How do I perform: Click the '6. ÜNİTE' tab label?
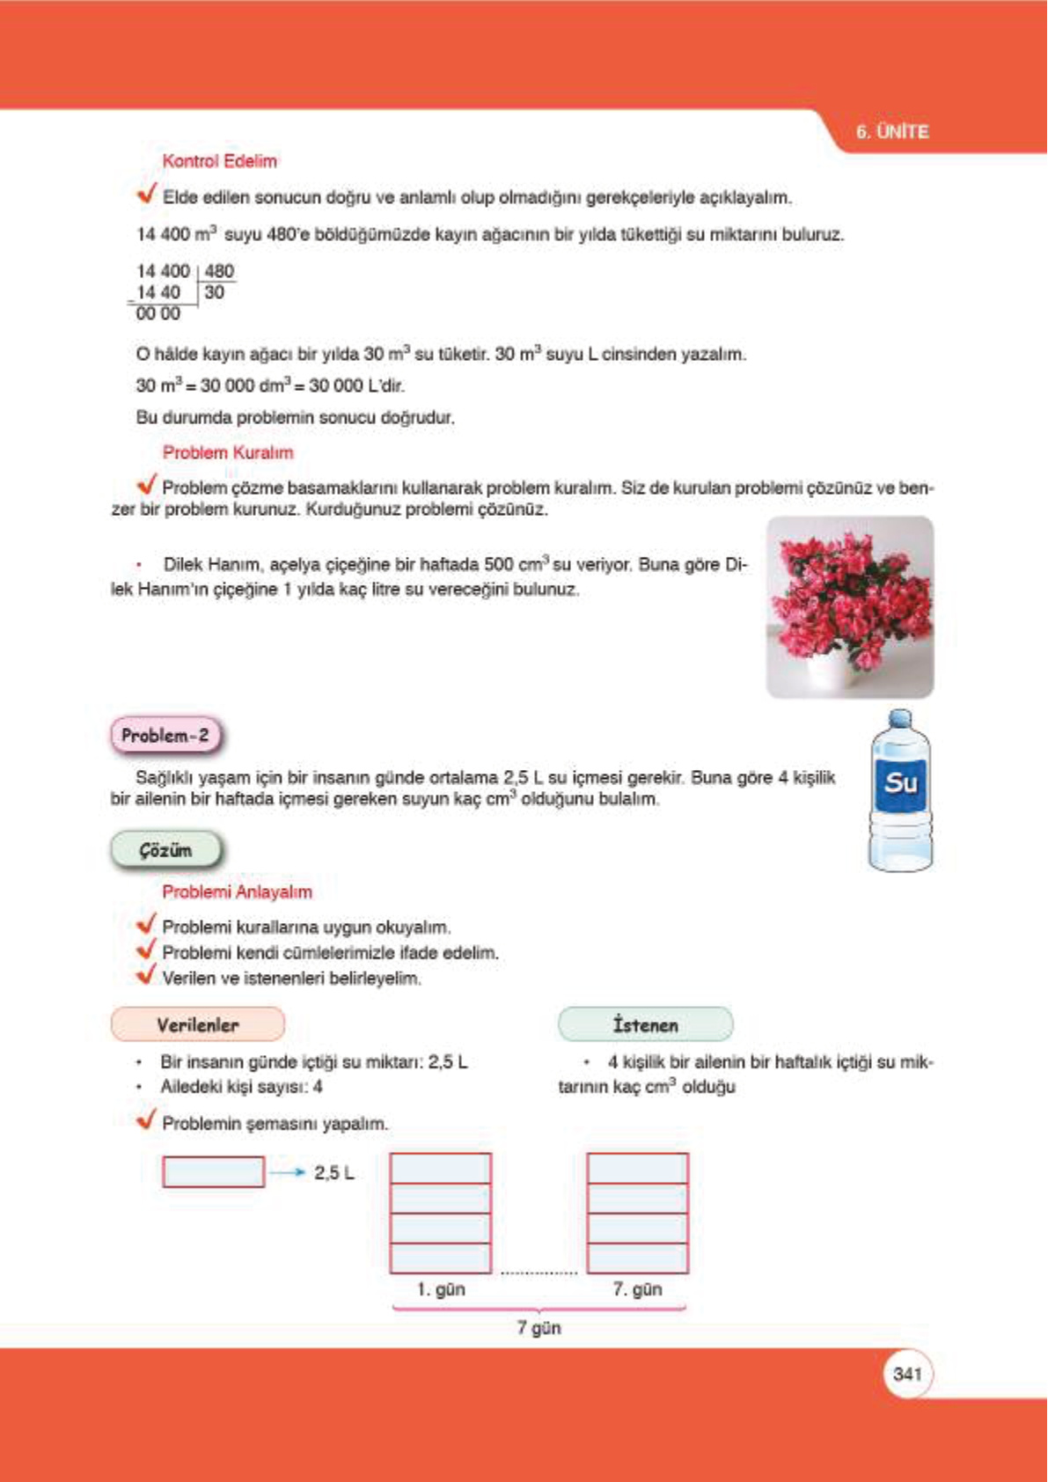click(x=891, y=132)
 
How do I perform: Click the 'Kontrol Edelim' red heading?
click(x=219, y=161)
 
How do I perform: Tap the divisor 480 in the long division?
click(x=219, y=271)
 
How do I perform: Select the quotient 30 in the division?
click(x=214, y=293)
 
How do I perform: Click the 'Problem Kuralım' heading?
click(x=227, y=452)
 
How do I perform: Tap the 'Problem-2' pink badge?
click(x=165, y=736)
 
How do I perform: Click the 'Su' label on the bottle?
click(x=900, y=781)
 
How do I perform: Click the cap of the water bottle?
click(x=899, y=718)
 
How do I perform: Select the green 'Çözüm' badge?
click(x=165, y=850)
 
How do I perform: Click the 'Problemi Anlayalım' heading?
click(x=237, y=891)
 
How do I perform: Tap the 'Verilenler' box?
click(x=197, y=1024)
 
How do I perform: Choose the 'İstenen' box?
click(x=645, y=1024)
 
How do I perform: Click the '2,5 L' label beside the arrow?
click(x=333, y=1172)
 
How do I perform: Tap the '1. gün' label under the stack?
click(x=440, y=1289)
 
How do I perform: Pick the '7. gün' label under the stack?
click(x=637, y=1289)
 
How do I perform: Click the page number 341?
click(x=906, y=1374)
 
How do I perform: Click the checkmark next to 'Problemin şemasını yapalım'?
click(x=146, y=1120)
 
